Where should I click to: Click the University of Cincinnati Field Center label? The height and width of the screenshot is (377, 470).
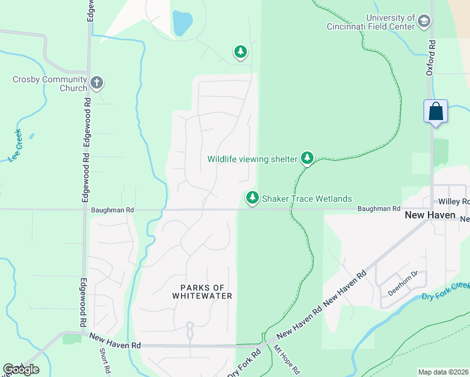(371, 22)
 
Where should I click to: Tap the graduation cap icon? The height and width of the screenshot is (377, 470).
(425, 23)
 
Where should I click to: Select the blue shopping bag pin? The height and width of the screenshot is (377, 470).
(435, 112)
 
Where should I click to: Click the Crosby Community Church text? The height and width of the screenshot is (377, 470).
(50, 84)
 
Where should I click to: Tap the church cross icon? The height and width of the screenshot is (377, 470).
(97, 82)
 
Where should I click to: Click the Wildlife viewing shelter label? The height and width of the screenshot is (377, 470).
(252, 159)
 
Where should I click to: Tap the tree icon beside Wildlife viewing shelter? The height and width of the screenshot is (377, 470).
(307, 158)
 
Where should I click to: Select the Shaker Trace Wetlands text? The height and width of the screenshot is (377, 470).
(307, 199)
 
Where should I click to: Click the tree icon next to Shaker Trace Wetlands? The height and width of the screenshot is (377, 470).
(252, 198)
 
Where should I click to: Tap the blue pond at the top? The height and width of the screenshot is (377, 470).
(182, 24)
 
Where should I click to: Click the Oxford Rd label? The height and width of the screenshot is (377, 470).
(431, 59)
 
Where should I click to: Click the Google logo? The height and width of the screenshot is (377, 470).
(21, 369)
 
